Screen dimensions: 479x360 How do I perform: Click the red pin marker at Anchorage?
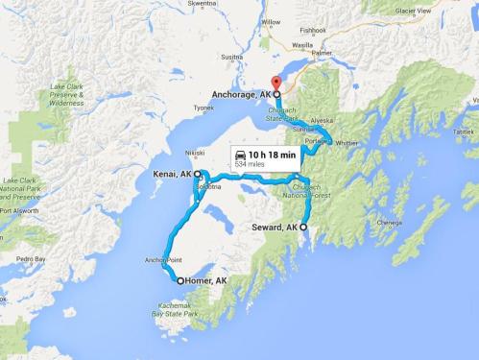276,84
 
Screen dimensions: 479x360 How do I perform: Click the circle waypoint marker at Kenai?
198,174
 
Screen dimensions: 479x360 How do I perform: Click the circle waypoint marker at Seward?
304,227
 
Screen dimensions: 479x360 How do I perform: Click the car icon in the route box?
238,154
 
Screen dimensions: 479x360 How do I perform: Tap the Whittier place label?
347,143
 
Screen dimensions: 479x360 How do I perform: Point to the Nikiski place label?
195,152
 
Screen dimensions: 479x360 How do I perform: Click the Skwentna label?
202,4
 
